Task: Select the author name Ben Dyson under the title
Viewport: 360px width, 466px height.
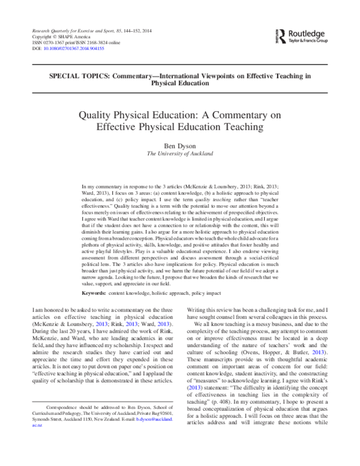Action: [x=179, y=145]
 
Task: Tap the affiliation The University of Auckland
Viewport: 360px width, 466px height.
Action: [x=179, y=153]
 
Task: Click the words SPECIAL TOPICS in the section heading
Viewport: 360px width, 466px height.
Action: [x=70, y=75]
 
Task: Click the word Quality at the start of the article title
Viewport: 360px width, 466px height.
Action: [x=99, y=115]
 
